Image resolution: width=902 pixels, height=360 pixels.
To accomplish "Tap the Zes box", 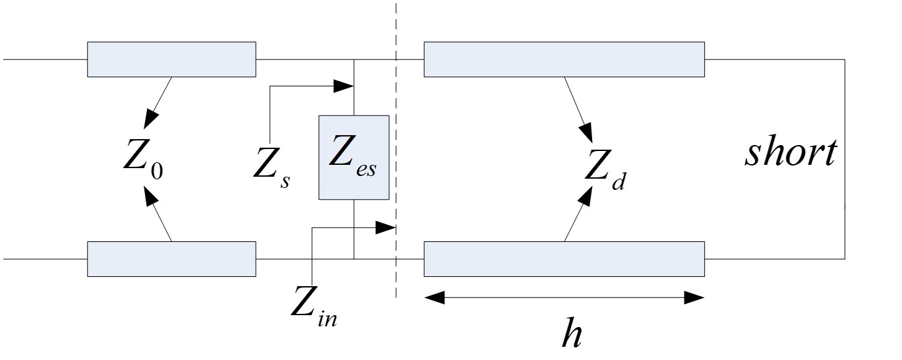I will click(353, 157).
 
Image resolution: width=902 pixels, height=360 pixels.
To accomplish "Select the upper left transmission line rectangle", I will click(171, 59).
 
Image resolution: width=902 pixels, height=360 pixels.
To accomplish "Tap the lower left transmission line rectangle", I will click(171, 258).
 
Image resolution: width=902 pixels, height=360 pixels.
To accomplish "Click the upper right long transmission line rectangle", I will click(564, 59).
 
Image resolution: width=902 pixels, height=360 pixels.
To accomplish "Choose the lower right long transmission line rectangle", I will click(564, 259).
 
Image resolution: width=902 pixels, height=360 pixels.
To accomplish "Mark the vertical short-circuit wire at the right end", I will click(845, 159).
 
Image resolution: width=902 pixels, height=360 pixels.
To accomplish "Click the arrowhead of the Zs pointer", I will click(344, 86).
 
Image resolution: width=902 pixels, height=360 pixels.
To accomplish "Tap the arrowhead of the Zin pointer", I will click(385, 227).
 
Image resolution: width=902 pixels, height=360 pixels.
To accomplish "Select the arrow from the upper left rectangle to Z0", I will click(158, 102).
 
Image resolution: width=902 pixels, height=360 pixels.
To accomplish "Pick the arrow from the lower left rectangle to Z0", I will click(158, 214).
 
